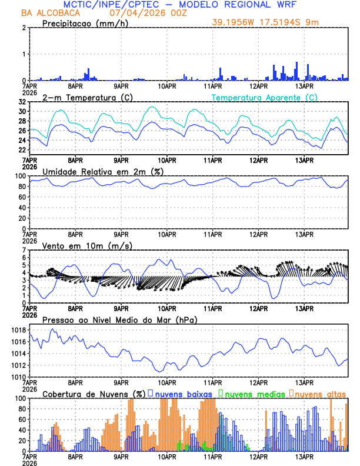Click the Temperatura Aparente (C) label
point(264,97)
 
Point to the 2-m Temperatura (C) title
point(86,97)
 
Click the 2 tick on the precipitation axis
point(23,28)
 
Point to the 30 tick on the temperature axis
point(22,112)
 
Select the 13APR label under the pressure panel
point(305,382)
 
